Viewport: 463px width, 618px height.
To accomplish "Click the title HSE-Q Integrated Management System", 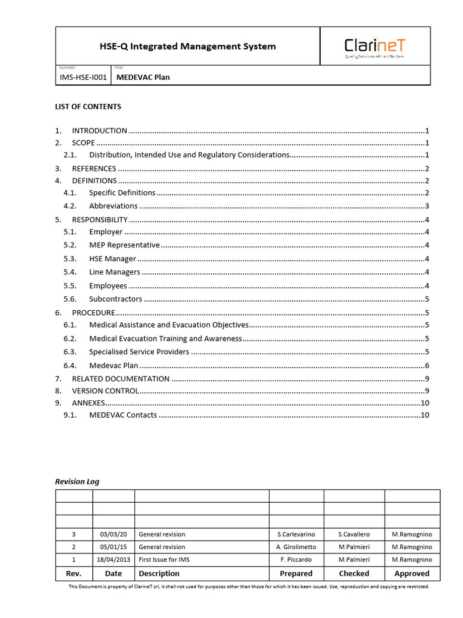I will pos(187,46).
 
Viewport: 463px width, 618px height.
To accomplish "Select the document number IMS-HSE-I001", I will pos(83,77).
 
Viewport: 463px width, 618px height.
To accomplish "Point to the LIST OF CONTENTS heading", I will pos(88,107).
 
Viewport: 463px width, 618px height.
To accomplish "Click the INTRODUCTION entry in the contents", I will pos(99,130).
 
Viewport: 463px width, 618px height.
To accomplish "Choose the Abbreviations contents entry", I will pos(113,206).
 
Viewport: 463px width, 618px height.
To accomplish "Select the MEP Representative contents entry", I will pos(124,245).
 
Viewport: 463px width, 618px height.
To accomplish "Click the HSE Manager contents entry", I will pos(113,259).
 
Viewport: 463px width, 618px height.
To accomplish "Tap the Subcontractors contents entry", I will pos(116,299).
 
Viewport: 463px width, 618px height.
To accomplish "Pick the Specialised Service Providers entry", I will pos(139,352).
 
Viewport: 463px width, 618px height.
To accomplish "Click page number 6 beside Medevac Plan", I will pos(426,366).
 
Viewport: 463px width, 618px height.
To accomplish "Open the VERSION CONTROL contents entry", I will pos(106,390).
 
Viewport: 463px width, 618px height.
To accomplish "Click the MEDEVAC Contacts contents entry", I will pos(123,415).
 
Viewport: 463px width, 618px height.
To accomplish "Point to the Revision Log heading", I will pos(77,482).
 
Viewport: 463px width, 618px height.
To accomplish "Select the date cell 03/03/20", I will pos(113,534).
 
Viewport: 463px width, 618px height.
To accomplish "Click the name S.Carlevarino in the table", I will pos(296,534).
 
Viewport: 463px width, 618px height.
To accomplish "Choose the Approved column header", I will pos(412,573).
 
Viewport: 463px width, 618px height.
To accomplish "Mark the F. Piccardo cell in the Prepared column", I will pos(296,559).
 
